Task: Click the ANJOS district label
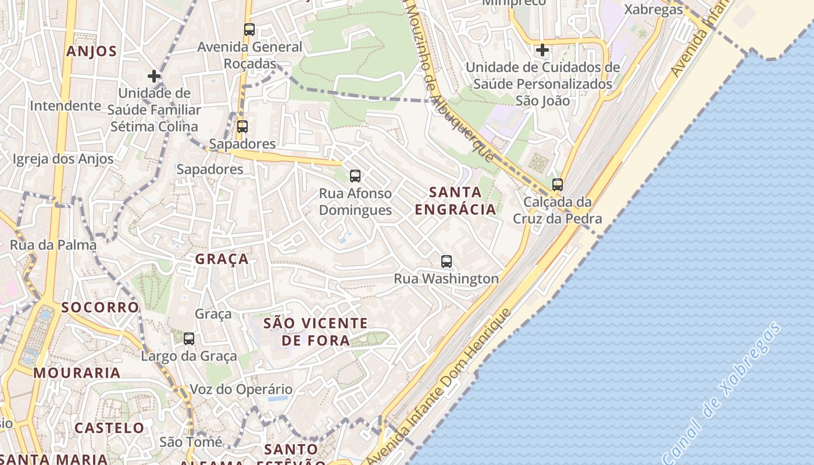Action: [x=91, y=51]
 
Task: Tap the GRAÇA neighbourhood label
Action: [x=222, y=259]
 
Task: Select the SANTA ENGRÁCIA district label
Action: [x=456, y=201]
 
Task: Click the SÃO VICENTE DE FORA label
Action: [x=316, y=332]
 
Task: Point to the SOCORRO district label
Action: [x=101, y=307]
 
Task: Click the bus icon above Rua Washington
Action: [x=447, y=262]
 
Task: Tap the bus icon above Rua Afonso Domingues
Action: [x=355, y=176]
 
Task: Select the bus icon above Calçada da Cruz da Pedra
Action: [x=558, y=185]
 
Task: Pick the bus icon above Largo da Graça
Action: [x=189, y=339]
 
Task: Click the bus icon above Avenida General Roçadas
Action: [x=249, y=30]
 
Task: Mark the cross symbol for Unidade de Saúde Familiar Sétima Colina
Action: [x=154, y=76]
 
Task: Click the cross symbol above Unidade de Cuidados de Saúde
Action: [x=542, y=50]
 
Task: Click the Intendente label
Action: [x=66, y=106]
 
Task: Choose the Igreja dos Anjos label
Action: [x=63, y=159]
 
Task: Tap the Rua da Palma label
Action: [x=53, y=245]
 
